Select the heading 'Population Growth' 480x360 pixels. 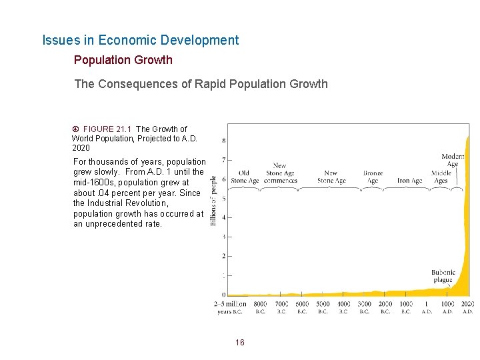123,60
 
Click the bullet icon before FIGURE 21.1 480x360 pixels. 76,129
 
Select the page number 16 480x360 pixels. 240,343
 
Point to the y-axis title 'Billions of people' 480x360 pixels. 214,200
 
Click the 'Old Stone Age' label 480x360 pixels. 244,177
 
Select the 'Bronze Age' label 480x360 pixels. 373,177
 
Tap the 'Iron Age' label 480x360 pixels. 410,180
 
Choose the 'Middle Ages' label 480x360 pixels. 441,177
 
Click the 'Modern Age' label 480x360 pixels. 453,160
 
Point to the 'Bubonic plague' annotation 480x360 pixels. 443,276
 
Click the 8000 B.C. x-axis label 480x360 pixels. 261,307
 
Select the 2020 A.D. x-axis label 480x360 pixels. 467,307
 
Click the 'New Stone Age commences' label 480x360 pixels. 280,173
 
